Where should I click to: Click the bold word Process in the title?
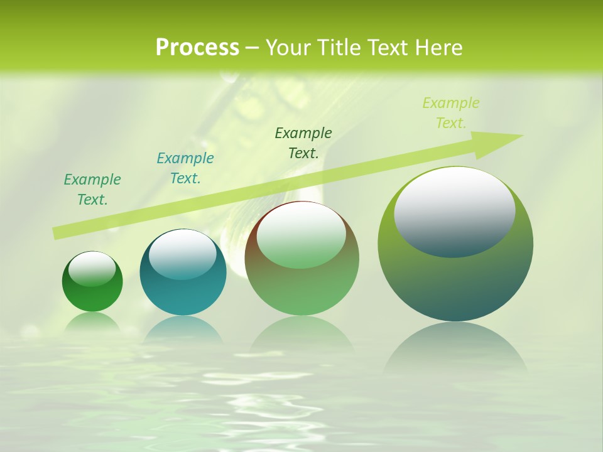point(197,48)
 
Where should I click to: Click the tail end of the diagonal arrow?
point(55,234)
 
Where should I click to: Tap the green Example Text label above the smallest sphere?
point(92,190)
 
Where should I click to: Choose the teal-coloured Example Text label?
point(185,168)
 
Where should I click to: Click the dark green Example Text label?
point(303,143)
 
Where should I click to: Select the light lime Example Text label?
point(450,113)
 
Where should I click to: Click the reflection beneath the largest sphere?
point(455,348)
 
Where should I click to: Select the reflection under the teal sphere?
point(183,330)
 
